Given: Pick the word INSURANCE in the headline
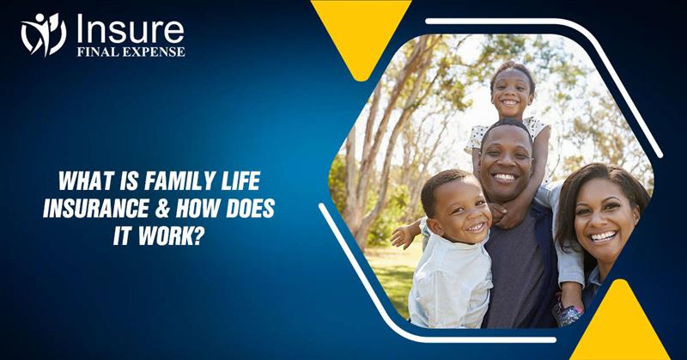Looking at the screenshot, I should tap(95, 208).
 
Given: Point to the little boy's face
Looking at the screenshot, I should tap(454, 211).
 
